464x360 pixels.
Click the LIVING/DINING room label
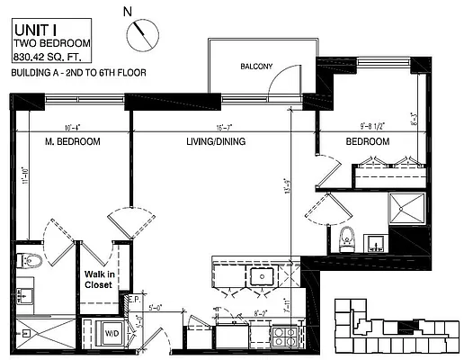(218, 143)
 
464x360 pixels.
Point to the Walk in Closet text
(98, 279)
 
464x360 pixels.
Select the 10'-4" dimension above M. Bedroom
(74, 127)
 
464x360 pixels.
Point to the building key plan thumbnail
(397, 327)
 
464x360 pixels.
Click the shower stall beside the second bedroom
(406, 210)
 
